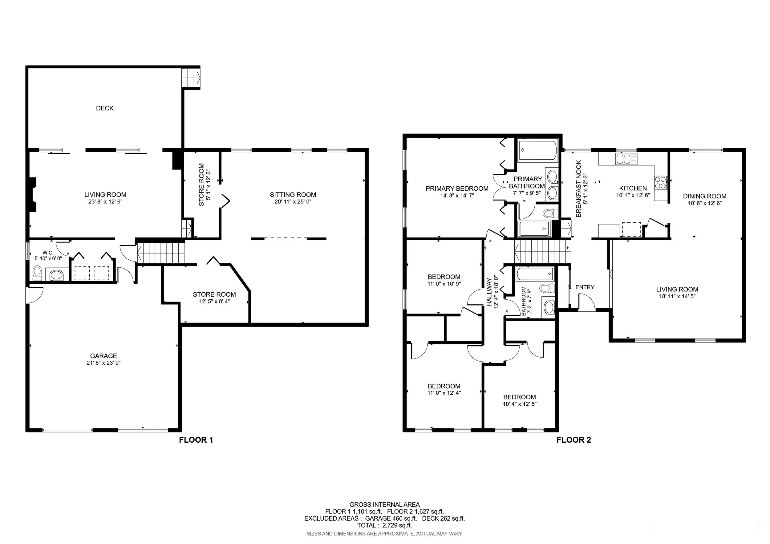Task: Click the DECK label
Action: point(105,108)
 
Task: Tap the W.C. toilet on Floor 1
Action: point(37,273)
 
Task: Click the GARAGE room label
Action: point(103,355)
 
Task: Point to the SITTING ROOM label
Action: point(293,194)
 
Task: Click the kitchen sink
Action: point(626,159)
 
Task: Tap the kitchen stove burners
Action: point(661,183)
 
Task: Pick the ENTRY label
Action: point(585,287)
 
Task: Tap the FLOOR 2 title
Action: point(574,440)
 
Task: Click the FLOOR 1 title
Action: point(196,440)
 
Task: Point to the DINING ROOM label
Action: point(705,196)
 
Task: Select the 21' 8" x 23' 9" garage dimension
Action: point(103,363)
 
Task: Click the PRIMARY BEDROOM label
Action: point(457,189)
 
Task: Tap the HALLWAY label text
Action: point(489,292)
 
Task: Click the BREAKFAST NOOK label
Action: point(578,189)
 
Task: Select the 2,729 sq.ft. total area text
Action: point(397,525)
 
